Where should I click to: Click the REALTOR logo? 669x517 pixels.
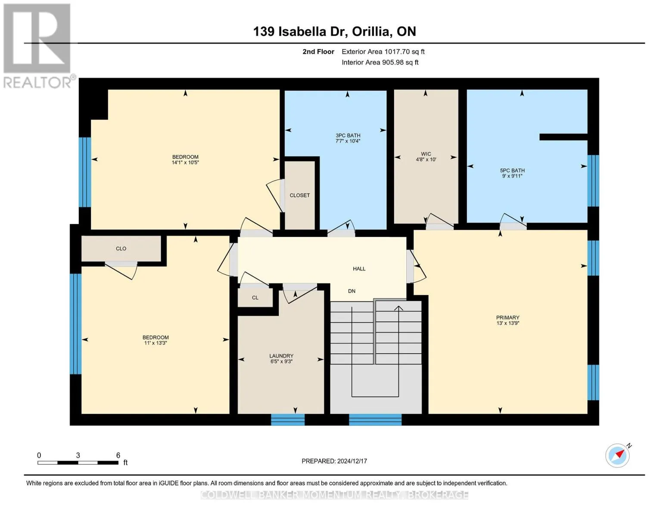[38, 46]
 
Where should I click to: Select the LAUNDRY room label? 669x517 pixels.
[281, 355]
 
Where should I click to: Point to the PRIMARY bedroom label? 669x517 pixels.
[508, 318]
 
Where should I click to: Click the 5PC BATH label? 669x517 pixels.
[512, 170]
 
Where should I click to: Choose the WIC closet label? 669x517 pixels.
[426, 154]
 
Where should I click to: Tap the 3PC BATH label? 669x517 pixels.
[348, 135]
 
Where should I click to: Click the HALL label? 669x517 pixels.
[359, 269]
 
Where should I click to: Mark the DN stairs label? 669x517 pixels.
[352, 291]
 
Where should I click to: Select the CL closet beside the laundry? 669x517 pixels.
[255, 298]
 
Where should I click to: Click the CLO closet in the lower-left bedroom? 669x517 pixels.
[121, 249]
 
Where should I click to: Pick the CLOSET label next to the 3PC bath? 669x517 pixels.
[299, 195]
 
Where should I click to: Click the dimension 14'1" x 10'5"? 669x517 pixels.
[185, 162]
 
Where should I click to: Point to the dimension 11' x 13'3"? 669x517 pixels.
[156, 343]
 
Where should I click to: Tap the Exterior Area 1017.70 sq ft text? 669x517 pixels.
[383, 52]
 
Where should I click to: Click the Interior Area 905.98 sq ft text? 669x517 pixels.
[380, 62]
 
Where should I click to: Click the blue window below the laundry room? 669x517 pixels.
[288, 420]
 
